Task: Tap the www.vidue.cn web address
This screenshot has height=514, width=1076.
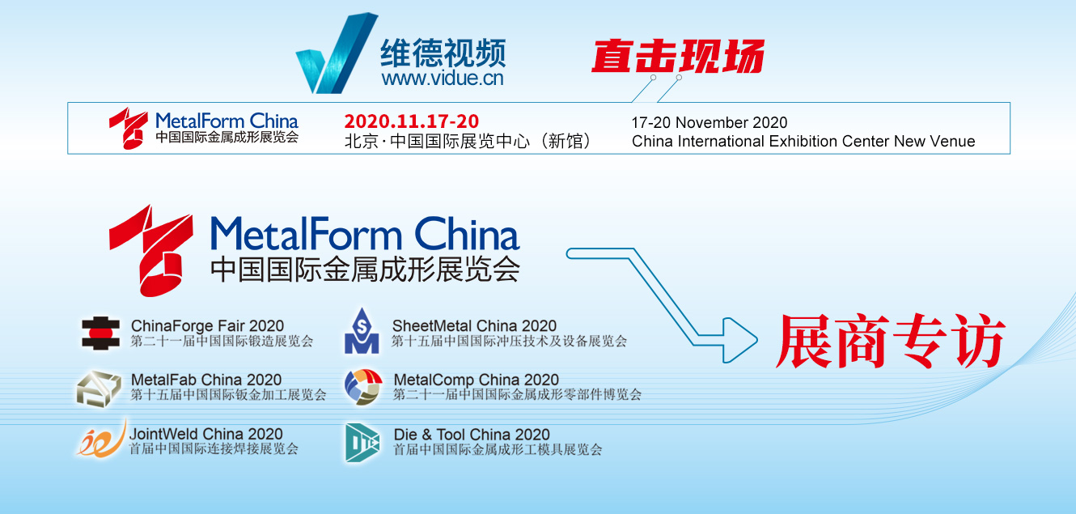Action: coord(443,79)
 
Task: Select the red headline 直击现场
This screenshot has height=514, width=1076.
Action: coord(678,56)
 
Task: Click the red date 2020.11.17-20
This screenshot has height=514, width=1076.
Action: coord(412,121)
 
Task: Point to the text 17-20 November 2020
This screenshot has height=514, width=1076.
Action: coord(709,122)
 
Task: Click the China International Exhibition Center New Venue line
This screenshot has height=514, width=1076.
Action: coord(803,142)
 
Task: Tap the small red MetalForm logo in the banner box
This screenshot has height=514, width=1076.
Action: coord(129,128)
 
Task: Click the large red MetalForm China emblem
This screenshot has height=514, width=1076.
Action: coord(151,250)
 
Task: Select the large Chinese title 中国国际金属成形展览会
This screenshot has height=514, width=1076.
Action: coord(365,269)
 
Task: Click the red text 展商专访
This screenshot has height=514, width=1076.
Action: coord(890,341)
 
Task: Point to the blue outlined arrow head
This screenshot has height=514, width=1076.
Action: coord(739,341)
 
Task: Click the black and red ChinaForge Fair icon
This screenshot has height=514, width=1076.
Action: coord(100,333)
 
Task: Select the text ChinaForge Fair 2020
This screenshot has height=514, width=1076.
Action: coord(207,325)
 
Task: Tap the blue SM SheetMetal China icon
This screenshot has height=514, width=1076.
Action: coord(362,331)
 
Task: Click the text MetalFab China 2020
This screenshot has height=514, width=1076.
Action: coord(206,380)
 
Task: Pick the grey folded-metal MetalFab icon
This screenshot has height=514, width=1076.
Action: coord(99,389)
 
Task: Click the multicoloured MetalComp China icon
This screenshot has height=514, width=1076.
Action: coord(363,387)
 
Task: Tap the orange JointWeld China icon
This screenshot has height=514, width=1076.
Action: coord(102,439)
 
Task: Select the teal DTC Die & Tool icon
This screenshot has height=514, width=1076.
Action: coord(362,443)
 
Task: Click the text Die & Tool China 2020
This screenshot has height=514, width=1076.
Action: coord(472,434)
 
